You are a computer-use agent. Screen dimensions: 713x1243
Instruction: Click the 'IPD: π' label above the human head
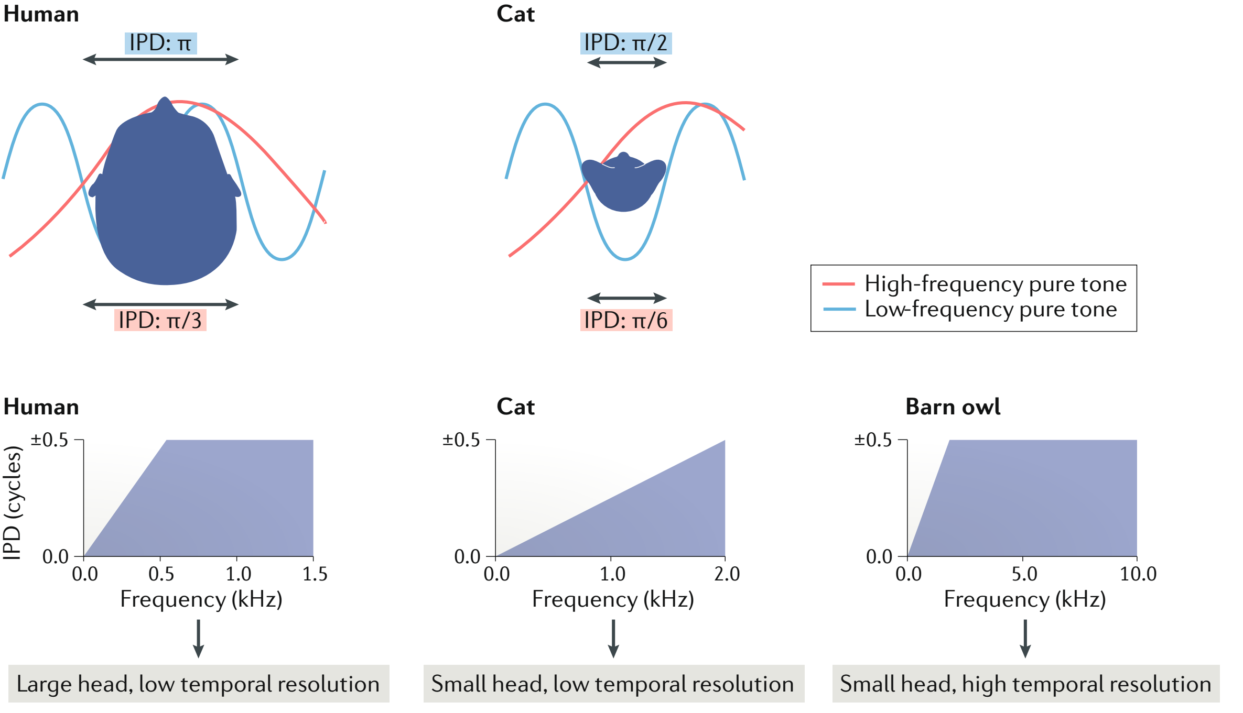click(x=160, y=43)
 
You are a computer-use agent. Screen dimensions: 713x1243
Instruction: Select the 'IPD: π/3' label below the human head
click(x=160, y=320)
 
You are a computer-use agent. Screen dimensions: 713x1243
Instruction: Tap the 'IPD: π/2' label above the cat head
click(x=625, y=43)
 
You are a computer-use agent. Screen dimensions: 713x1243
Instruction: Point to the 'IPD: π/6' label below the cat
click(x=626, y=320)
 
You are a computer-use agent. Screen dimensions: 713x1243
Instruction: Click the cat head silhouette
click(x=623, y=183)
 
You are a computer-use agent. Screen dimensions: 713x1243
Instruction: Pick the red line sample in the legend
click(x=838, y=284)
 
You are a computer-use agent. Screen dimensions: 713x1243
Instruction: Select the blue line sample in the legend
click(x=838, y=310)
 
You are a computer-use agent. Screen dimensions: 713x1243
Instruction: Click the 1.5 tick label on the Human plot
click(x=315, y=574)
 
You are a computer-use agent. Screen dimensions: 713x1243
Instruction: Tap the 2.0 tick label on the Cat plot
click(x=727, y=574)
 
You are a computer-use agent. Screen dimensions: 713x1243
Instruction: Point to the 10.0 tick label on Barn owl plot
click(x=1138, y=574)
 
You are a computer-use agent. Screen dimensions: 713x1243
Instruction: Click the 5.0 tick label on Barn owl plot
click(x=1024, y=574)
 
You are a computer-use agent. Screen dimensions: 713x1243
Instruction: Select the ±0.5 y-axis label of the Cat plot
click(x=461, y=440)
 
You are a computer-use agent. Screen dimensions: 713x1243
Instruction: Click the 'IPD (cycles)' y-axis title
click(x=13, y=502)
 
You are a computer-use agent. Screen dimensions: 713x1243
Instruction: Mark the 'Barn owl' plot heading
click(x=953, y=407)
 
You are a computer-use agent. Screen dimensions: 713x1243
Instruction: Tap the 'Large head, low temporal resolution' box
click(x=199, y=684)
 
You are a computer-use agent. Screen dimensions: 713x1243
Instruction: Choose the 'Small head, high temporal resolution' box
click(x=1025, y=684)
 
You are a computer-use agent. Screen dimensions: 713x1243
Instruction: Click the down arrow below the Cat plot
click(x=613, y=639)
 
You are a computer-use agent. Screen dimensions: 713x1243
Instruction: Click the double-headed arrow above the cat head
click(x=626, y=63)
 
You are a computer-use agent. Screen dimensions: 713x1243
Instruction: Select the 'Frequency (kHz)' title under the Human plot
click(x=201, y=599)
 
